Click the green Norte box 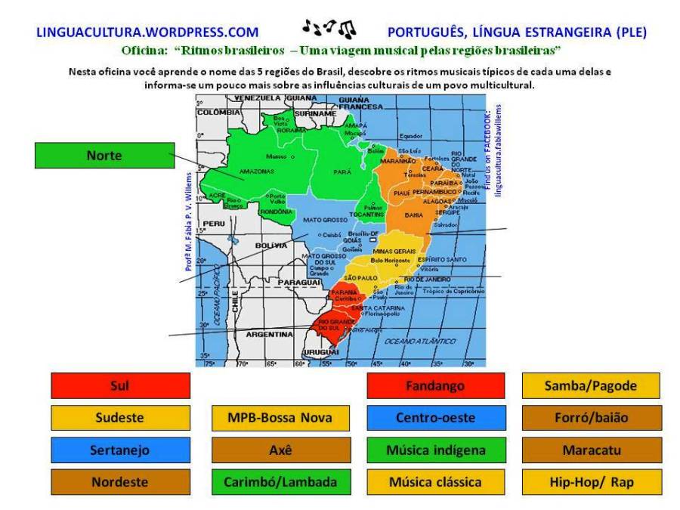click(x=104, y=155)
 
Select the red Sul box click(x=120, y=386)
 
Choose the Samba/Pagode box click(x=591, y=386)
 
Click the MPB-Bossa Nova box click(x=281, y=418)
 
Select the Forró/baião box click(x=591, y=418)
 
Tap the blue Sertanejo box click(x=120, y=450)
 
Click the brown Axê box click(x=281, y=450)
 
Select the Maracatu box click(x=591, y=450)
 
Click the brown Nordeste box click(x=120, y=482)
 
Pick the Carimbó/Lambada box click(x=281, y=482)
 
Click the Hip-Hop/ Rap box click(x=591, y=482)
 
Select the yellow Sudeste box click(x=120, y=418)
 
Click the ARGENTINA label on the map click(x=269, y=333)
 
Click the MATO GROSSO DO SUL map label click(x=323, y=259)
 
